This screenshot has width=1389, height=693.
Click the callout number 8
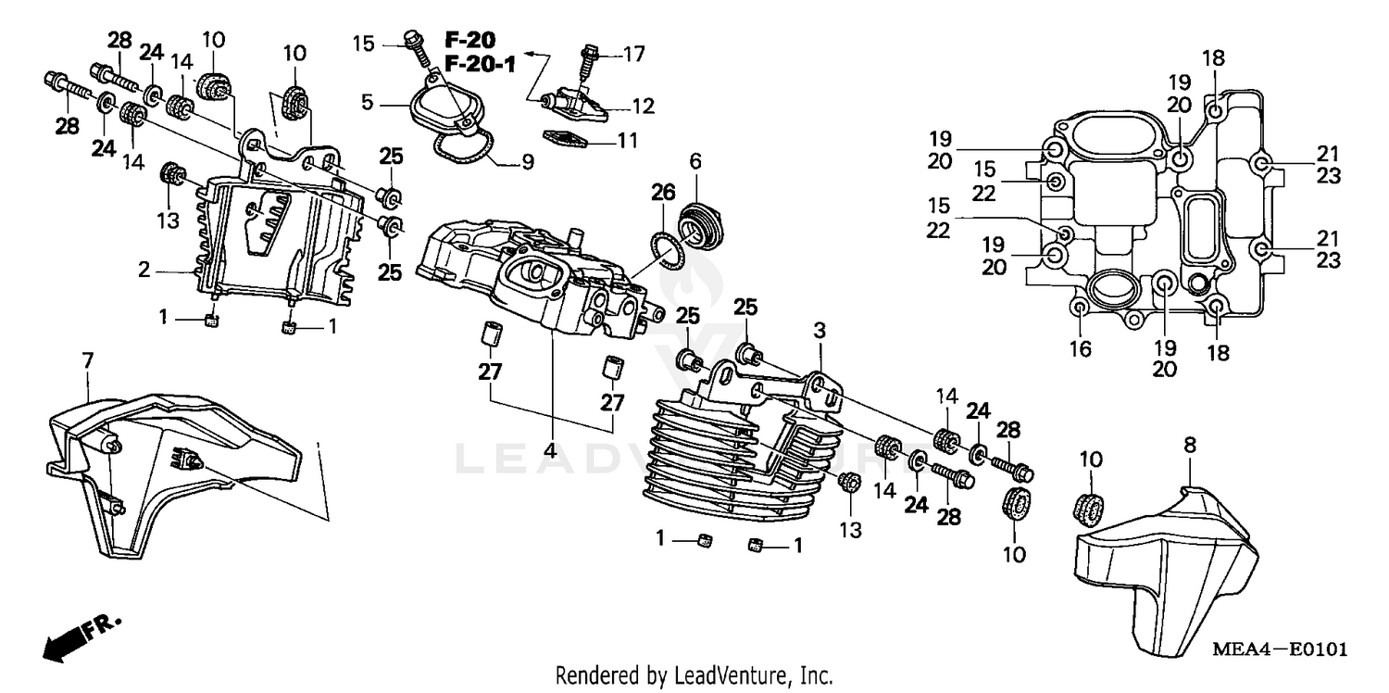(1190, 446)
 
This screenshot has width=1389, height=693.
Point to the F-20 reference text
(469, 40)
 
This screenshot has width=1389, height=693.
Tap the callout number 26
(662, 193)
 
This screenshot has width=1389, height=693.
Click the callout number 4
(550, 451)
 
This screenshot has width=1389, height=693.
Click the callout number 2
(144, 271)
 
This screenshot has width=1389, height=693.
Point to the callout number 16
(1081, 349)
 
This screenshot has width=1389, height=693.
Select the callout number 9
(527, 163)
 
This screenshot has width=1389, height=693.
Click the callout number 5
(368, 102)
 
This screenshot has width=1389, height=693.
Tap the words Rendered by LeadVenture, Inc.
(694, 676)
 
